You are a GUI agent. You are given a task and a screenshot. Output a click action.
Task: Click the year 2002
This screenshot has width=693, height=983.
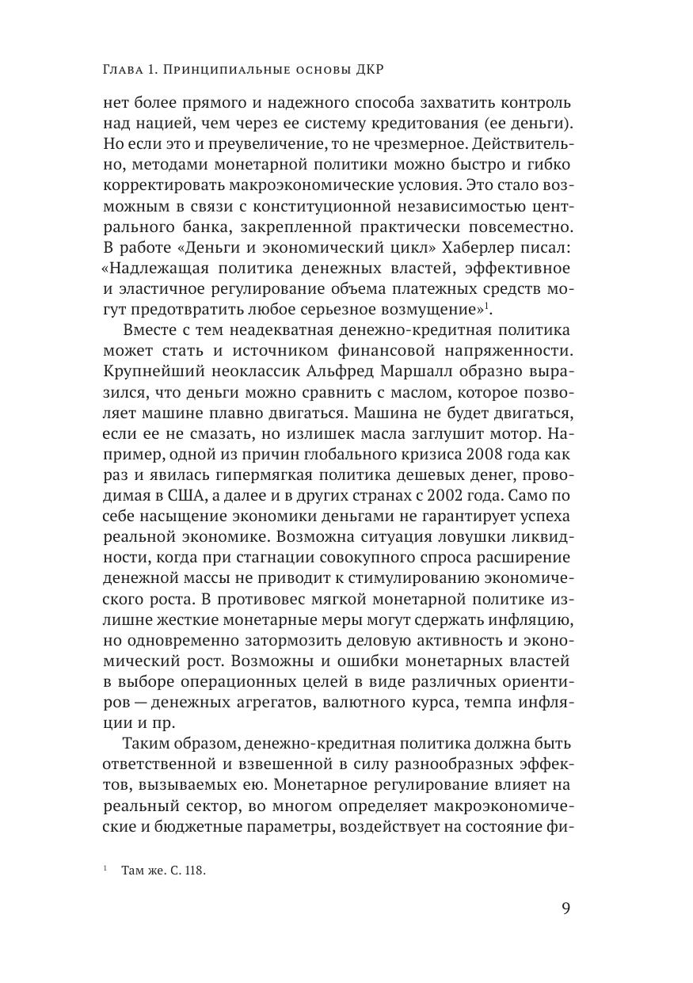click(474, 496)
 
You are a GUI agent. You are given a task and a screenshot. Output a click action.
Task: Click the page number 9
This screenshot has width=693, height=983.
click(565, 908)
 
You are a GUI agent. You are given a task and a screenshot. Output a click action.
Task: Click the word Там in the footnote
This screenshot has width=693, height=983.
click(131, 870)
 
